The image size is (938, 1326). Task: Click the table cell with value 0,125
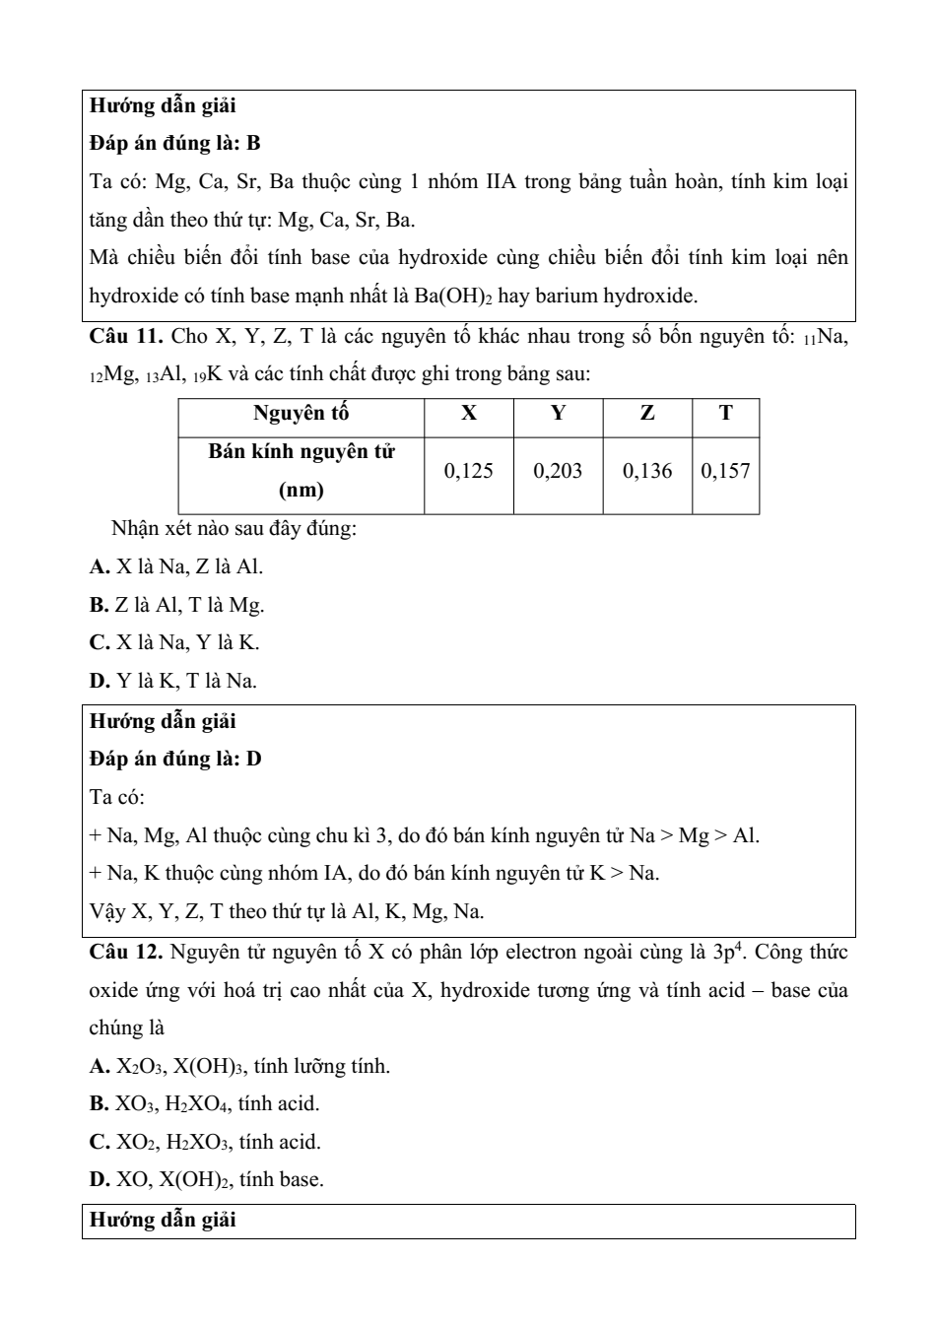[x=469, y=471]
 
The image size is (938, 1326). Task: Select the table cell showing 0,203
[x=558, y=471]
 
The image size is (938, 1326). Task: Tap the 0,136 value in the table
[x=647, y=471]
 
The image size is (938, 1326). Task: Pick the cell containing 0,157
[x=725, y=471]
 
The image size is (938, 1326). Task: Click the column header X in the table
[x=469, y=414]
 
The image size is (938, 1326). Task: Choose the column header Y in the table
[x=558, y=414]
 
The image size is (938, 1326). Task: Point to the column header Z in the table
[x=647, y=414]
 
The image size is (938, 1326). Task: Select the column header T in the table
[x=725, y=414]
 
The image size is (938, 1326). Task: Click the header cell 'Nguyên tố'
[x=301, y=414]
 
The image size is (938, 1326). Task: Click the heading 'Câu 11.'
[x=125, y=337]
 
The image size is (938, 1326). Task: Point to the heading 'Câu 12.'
[x=125, y=953]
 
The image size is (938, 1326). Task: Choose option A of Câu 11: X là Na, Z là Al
[x=176, y=566]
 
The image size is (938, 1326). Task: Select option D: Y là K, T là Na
[x=173, y=681]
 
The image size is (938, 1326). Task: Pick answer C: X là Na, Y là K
[x=174, y=643]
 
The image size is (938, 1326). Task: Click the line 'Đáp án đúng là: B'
[x=174, y=144]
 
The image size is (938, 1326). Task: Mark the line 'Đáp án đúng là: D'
[x=175, y=760]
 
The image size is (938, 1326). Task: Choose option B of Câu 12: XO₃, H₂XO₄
[x=204, y=1104]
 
